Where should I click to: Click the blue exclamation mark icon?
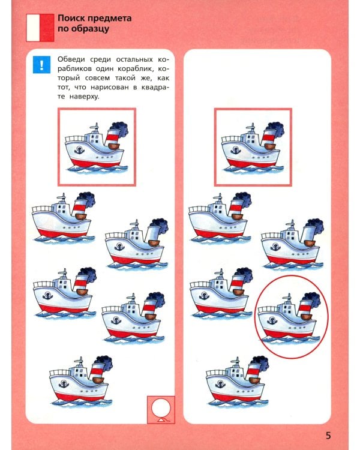click(x=41, y=65)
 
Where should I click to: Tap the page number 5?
click(x=328, y=436)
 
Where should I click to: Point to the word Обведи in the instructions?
click(x=71, y=59)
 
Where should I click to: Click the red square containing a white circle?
click(x=161, y=410)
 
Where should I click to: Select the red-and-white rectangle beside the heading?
click(x=40, y=28)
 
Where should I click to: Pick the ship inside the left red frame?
click(x=97, y=148)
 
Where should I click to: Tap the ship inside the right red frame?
click(x=253, y=148)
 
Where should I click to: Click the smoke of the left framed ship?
click(x=119, y=128)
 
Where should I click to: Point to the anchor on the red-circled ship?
click(x=272, y=320)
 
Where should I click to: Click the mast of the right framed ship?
click(x=252, y=128)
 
